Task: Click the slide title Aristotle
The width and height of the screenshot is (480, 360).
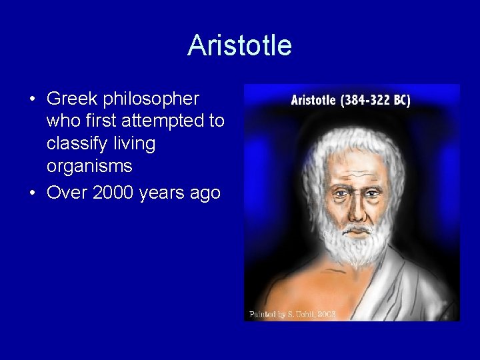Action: [239, 45]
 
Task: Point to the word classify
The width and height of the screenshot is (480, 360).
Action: [77, 143]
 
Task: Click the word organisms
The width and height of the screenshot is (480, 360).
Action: [89, 165]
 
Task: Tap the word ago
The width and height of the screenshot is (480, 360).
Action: [205, 193]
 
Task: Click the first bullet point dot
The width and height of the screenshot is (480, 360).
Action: [33, 99]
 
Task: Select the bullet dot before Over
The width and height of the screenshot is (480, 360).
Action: [33, 193]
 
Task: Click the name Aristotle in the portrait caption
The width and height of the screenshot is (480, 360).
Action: [314, 101]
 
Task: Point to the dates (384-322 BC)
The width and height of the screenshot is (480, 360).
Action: [376, 101]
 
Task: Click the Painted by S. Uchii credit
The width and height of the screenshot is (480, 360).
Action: [292, 313]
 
